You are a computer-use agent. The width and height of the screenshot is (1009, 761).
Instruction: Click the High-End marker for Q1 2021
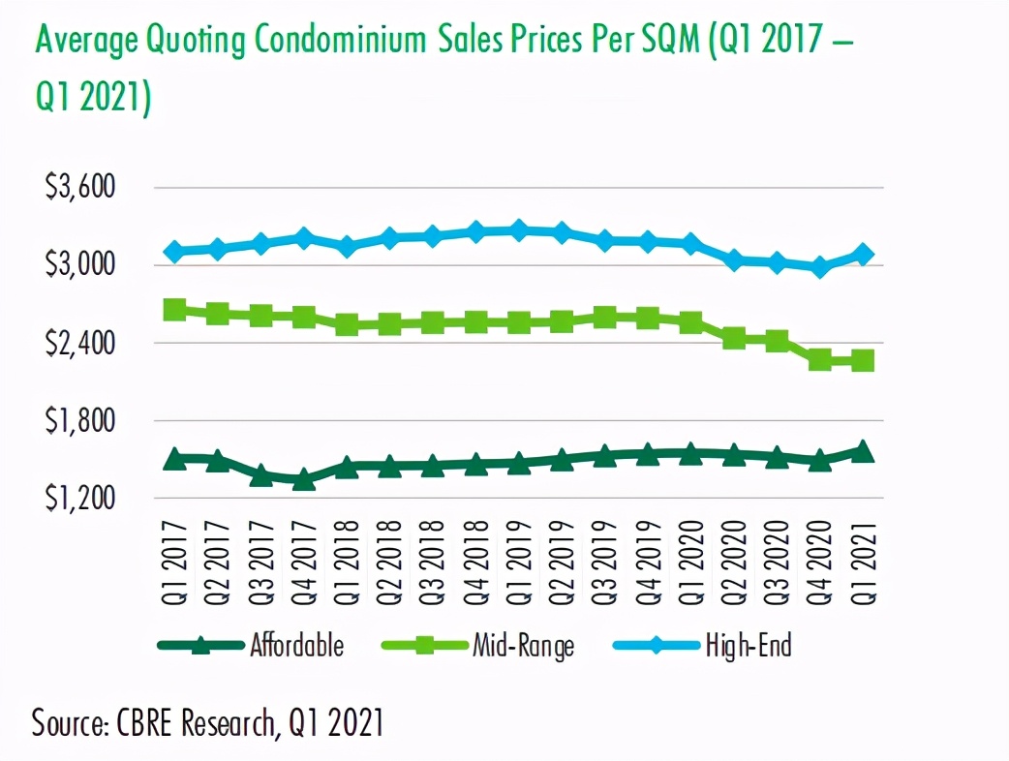[x=863, y=255]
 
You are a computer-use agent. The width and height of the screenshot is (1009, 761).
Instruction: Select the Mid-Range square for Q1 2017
[x=174, y=310]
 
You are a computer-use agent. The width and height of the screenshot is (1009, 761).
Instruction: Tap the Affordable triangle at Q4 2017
[x=303, y=478]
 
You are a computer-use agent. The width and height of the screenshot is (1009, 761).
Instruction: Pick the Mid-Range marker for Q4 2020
[x=820, y=360]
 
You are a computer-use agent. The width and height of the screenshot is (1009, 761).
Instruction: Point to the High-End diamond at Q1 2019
[x=518, y=230]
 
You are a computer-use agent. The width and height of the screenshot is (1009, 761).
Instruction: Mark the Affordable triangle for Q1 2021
[x=863, y=451]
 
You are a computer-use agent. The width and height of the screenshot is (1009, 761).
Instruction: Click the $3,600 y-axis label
[x=80, y=187]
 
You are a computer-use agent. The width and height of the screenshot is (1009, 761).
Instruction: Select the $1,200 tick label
[x=80, y=498]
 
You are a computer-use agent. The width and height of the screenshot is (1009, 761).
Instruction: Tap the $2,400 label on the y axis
[x=80, y=343]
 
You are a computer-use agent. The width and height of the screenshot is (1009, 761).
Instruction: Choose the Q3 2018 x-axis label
[x=433, y=564]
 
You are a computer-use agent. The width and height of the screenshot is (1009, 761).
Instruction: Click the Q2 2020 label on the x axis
[x=734, y=564]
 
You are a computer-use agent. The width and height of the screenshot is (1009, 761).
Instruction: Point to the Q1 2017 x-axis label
[x=174, y=564]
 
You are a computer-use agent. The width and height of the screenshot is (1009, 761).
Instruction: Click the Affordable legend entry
[x=296, y=645]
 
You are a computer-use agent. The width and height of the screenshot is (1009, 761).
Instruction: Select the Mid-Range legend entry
[x=523, y=645]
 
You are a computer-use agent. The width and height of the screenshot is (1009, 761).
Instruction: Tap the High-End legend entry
[x=748, y=645]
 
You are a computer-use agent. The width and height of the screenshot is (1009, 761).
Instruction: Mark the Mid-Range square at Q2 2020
[x=734, y=338]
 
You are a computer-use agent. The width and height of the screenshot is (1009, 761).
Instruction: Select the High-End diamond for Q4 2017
[x=303, y=238]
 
